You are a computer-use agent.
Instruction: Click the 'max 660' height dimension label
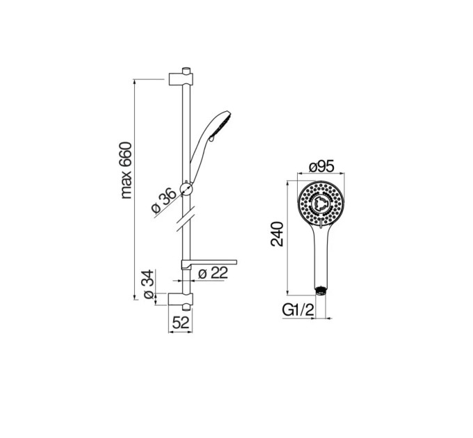click(127, 170)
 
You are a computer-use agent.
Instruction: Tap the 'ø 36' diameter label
click(164, 200)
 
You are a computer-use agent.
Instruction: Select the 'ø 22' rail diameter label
click(213, 273)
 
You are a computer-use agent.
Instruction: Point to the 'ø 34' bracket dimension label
click(149, 284)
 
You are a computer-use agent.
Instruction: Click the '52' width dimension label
click(181, 323)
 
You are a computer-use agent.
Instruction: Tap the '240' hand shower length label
click(278, 234)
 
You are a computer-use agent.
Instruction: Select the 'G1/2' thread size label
click(298, 310)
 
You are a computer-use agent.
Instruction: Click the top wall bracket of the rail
click(181, 79)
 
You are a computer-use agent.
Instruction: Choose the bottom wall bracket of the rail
click(180, 299)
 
